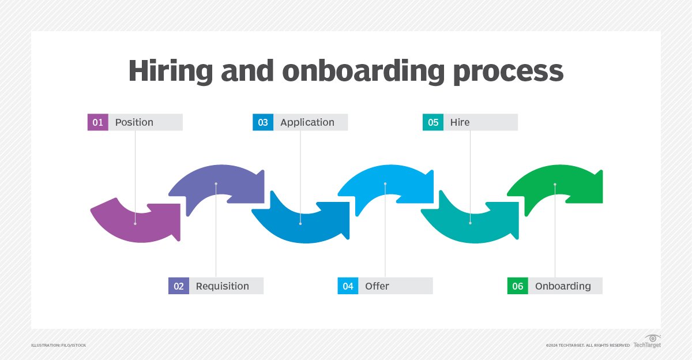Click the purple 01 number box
pos(97,122)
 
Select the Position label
pos(134,122)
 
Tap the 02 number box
pos(178,286)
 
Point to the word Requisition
pos(222,286)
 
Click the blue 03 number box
pos(263,122)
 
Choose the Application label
pos(307,122)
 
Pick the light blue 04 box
pos(348,286)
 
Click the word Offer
pos(377,286)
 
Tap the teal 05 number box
pos(433,122)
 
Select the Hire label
pos(460,122)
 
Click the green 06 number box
pos(517,286)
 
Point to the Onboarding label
pos(563,286)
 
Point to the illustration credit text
pos(58,345)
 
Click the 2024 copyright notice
pos(588,345)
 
